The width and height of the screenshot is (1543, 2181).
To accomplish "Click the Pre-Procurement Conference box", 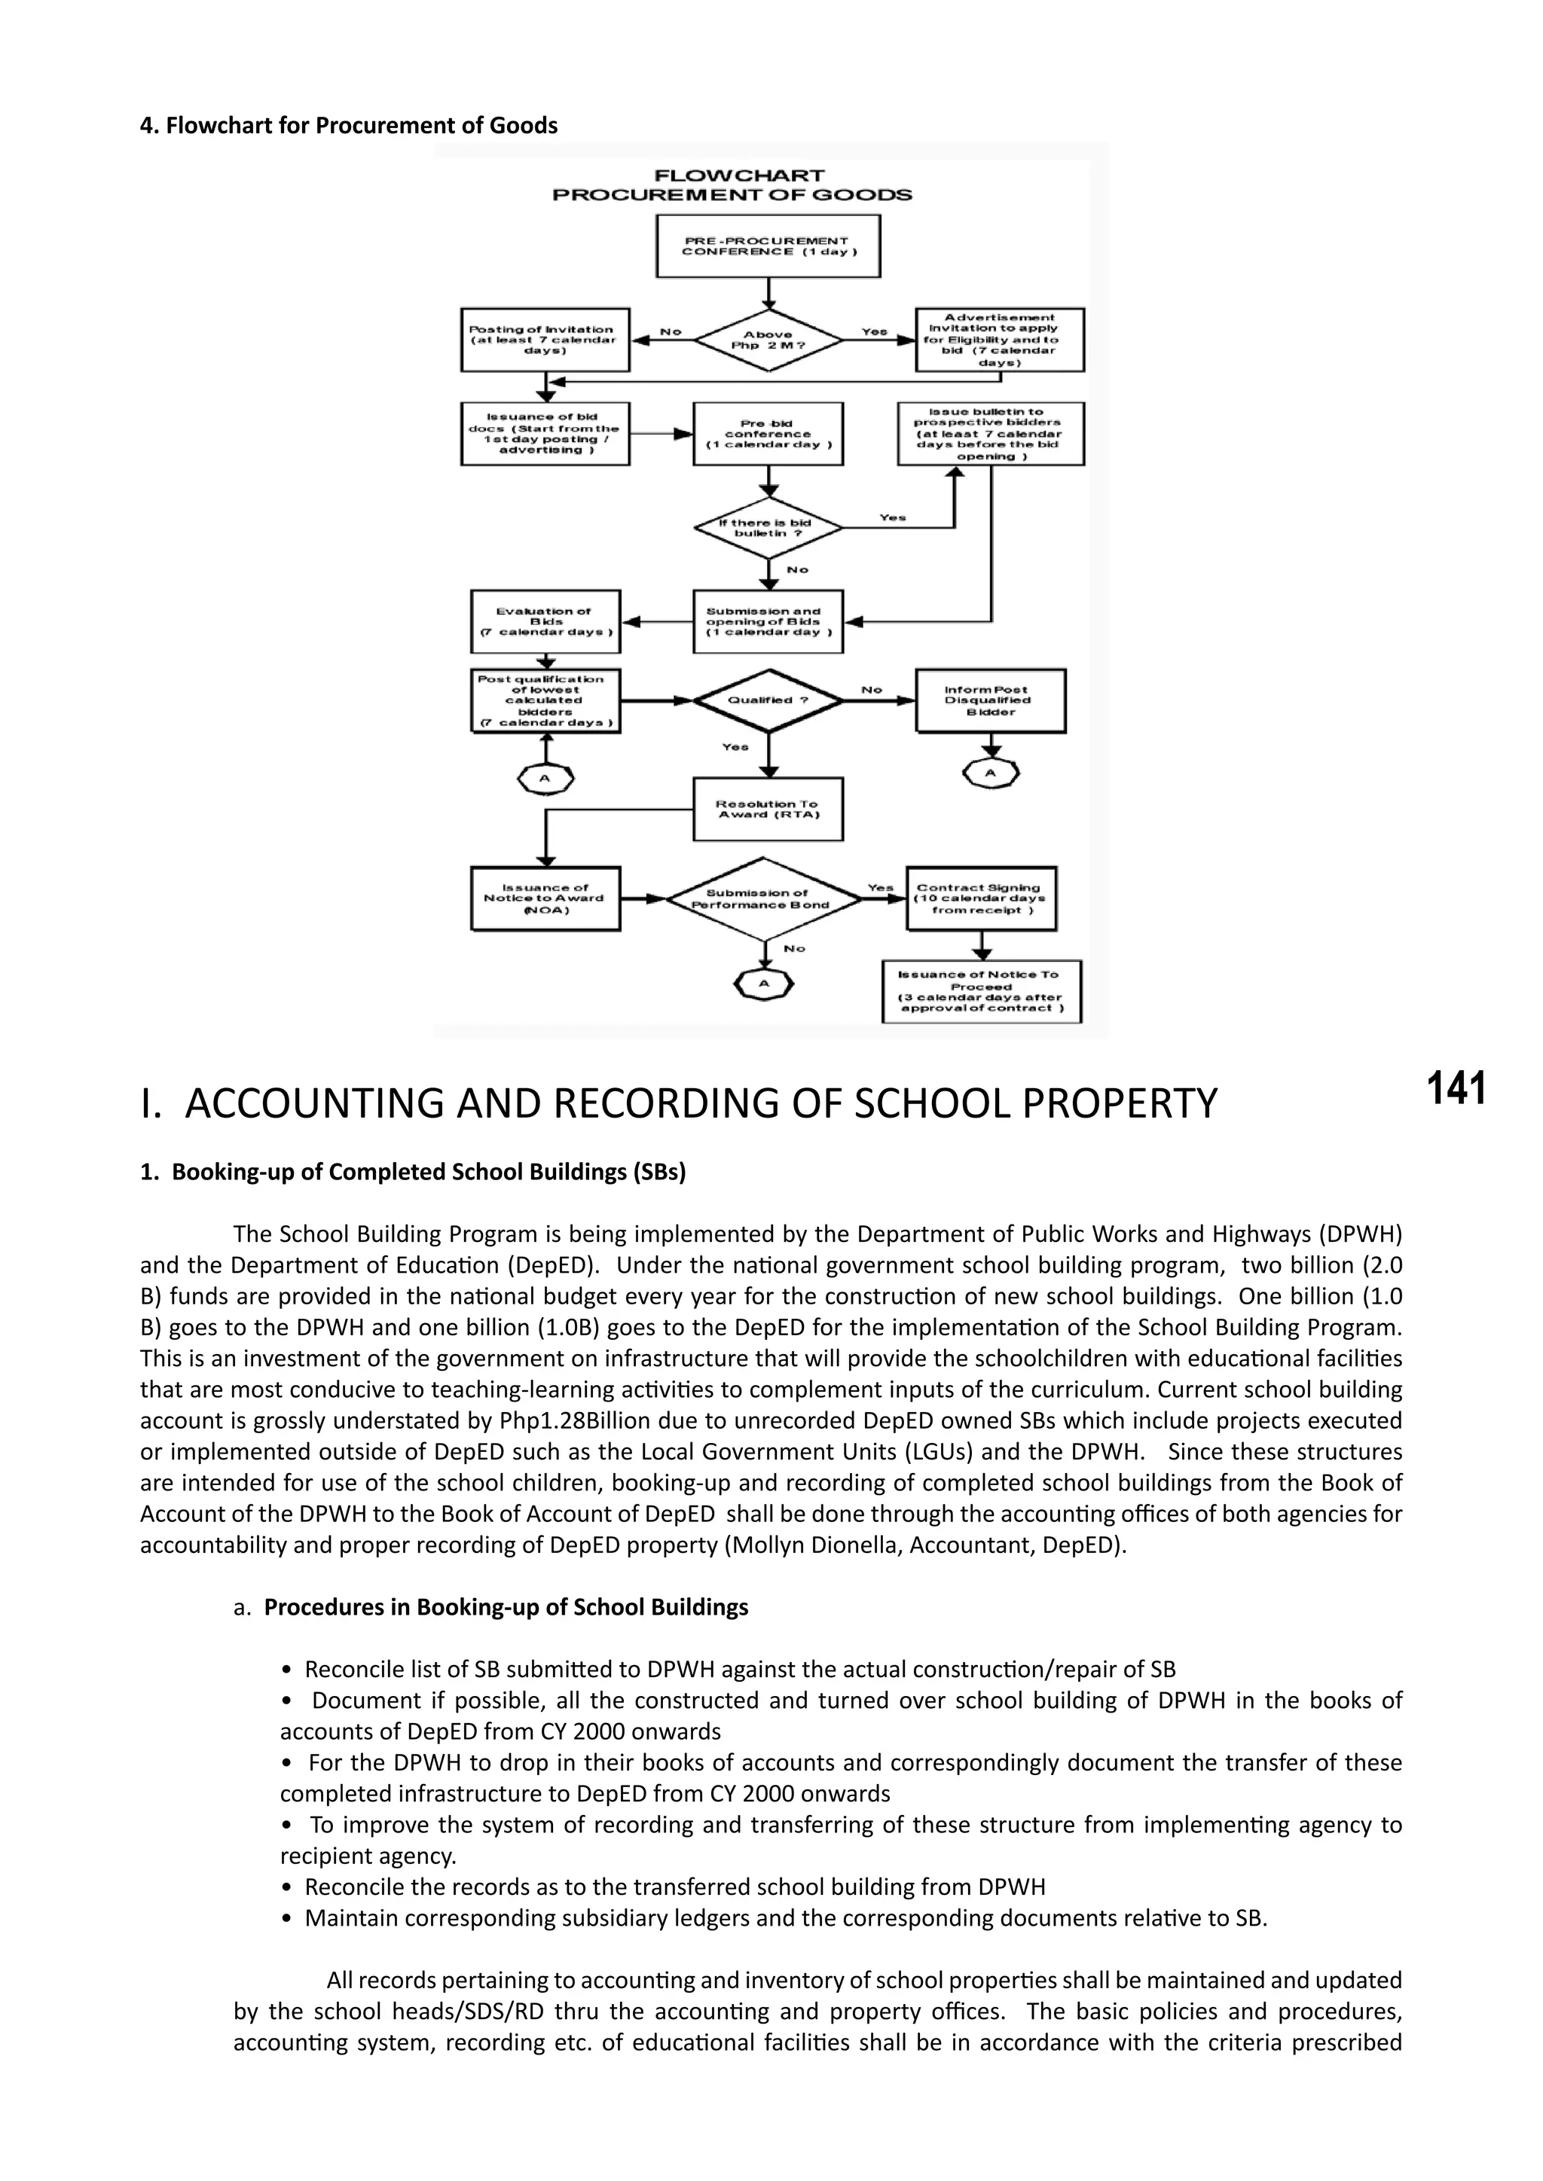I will click(768, 246).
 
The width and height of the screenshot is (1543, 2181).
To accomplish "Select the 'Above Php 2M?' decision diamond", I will click(768, 340).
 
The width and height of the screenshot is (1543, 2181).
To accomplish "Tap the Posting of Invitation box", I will click(545, 340).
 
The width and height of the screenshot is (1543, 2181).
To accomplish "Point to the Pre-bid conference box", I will click(768, 434).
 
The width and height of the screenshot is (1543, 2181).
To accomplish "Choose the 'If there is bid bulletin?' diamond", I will click(768, 528).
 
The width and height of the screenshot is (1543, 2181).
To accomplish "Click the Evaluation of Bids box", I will click(545, 622).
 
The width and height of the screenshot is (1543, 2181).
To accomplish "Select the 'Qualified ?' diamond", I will click(768, 701).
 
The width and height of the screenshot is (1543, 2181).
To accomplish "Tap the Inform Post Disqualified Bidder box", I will click(990, 701).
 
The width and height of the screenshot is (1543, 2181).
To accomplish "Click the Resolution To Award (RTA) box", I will click(768, 810).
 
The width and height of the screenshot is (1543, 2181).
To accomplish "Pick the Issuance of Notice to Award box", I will click(545, 898).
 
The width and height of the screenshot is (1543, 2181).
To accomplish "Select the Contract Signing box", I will click(980, 898).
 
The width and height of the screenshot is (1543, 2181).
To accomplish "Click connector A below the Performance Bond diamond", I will click(764, 984).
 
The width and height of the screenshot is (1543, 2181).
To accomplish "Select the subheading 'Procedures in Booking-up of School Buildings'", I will click(506, 1607).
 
